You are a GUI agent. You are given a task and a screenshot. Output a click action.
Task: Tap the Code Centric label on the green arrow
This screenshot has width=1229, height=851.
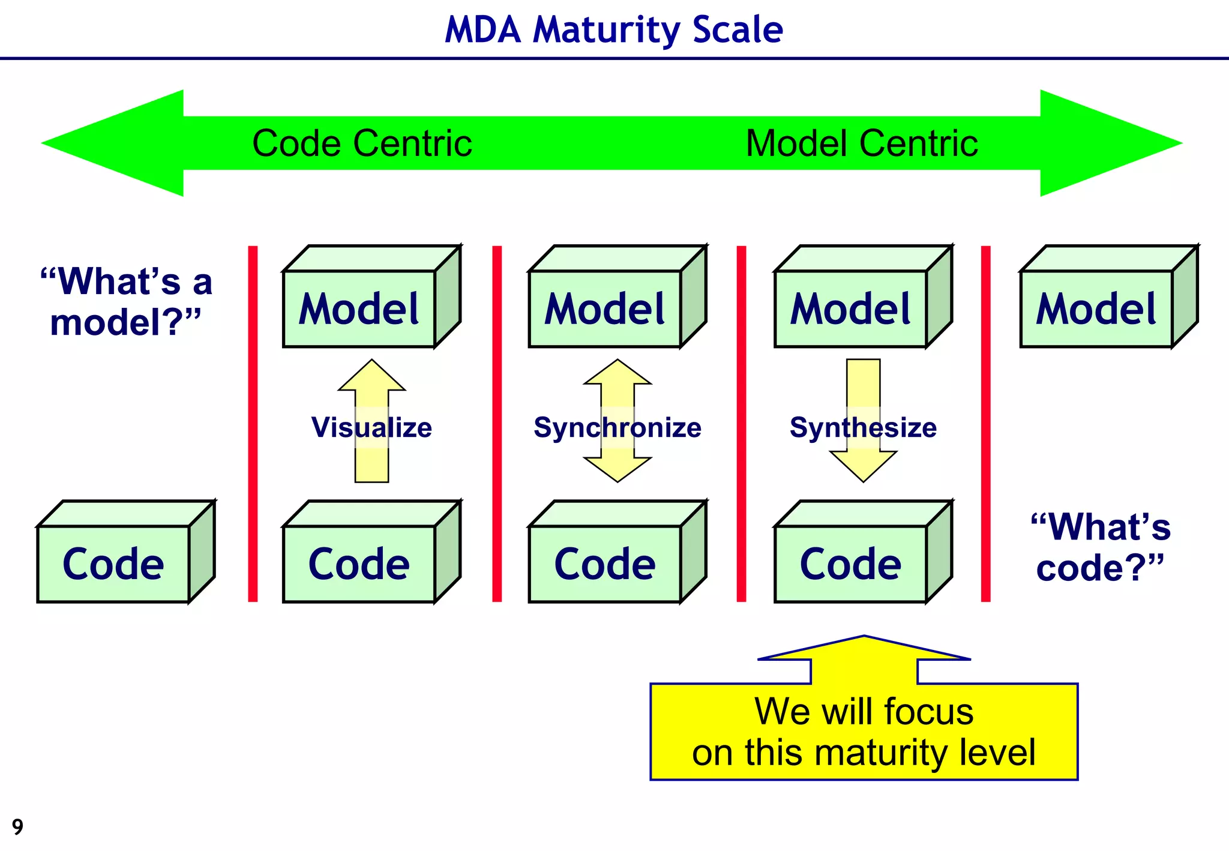tap(362, 143)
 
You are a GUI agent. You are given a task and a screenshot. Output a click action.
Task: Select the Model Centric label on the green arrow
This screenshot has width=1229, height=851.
tap(861, 143)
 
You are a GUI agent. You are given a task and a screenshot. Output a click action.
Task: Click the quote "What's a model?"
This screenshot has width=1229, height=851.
tap(126, 301)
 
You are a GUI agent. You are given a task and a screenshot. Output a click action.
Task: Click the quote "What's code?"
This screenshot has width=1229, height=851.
tap(1100, 547)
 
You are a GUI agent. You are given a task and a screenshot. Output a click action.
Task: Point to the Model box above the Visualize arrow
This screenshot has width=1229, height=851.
tap(359, 308)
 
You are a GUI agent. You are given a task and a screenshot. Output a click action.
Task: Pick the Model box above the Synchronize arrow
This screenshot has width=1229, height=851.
tap(604, 308)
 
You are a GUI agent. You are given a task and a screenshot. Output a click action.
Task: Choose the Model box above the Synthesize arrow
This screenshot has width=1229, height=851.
tap(850, 308)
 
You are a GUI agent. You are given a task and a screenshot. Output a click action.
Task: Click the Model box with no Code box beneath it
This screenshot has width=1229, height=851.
tap(1096, 308)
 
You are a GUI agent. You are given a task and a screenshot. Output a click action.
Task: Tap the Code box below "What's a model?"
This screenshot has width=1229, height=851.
tap(113, 564)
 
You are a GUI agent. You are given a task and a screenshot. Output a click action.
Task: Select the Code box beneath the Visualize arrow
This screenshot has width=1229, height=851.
tap(359, 564)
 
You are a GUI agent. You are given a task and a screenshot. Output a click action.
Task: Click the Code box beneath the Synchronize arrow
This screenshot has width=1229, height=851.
tap(604, 564)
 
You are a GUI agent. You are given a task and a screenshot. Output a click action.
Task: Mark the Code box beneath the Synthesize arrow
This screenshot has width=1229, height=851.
tap(850, 564)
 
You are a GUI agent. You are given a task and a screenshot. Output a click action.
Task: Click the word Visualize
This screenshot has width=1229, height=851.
tap(371, 427)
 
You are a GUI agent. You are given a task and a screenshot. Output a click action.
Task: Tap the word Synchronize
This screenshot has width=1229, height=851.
tap(618, 427)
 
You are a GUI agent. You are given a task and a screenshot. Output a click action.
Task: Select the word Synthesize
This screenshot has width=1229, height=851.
tap(863, 427)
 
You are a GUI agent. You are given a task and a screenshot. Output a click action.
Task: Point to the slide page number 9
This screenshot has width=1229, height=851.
tap(17, 827)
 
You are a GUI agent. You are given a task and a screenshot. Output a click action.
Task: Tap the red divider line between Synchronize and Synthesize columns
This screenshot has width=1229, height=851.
tap(741, 423)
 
